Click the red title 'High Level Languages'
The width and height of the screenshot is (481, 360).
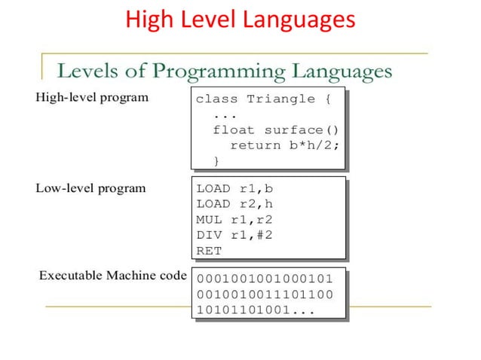point(240,20)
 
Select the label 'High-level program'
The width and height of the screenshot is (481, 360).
point(92,97)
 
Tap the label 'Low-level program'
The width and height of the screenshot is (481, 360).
point(90,188)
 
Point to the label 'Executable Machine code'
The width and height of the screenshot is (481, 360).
point(112,275)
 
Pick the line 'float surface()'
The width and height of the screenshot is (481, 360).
point(276,130)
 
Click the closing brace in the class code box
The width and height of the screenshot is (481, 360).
point(217,160)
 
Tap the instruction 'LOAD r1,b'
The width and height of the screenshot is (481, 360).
point(234,189)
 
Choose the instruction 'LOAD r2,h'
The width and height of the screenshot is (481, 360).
point(234,204)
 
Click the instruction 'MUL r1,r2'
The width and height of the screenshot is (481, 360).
point(234,220)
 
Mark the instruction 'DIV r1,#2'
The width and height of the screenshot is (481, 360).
point(234,235)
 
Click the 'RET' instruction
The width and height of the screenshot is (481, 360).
point(209,251)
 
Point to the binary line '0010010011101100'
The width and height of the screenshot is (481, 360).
point(264,294)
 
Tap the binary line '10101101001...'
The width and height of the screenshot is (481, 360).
point(256,310)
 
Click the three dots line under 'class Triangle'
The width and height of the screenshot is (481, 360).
point(225,114)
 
